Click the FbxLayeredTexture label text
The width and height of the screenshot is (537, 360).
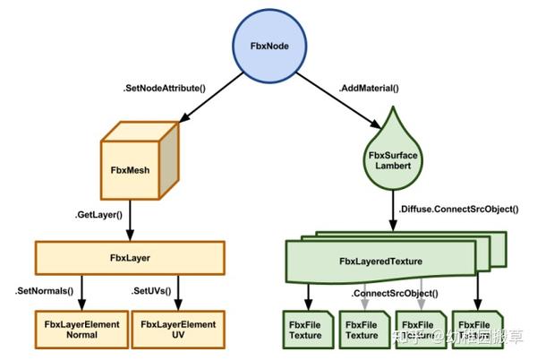380,261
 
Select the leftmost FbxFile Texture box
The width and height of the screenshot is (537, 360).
306,329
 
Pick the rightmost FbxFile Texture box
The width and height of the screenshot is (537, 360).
475,329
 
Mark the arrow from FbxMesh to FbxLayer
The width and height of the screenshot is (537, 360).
132,218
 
